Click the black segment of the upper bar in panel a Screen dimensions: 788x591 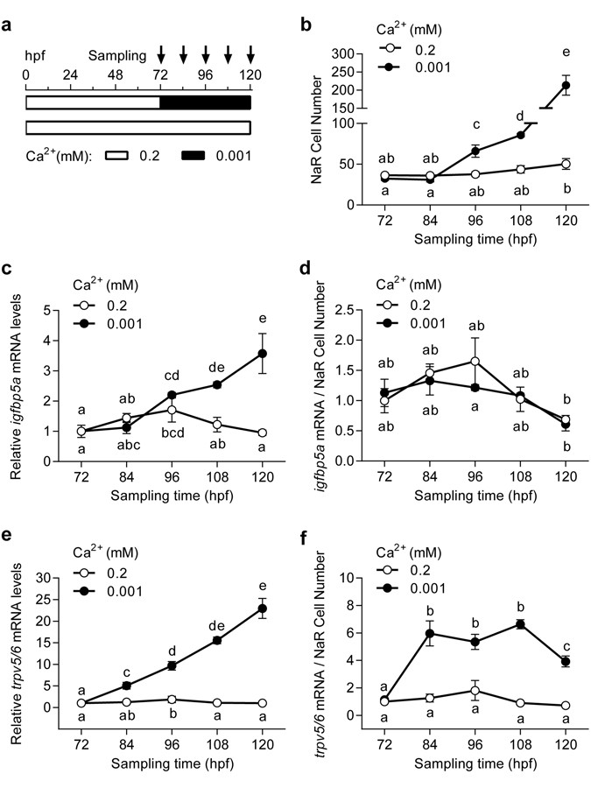[x=206, y=102]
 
